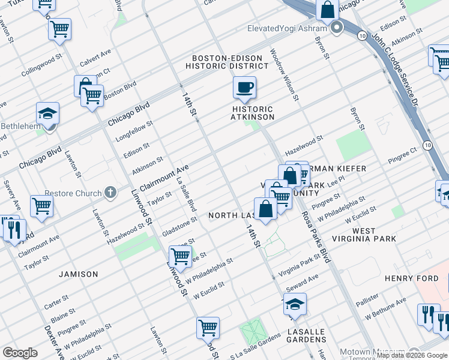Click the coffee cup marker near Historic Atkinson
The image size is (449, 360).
[x=244, y=88]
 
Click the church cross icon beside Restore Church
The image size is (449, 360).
[x=110, y=193]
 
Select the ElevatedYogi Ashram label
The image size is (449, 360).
[x=287, y=28]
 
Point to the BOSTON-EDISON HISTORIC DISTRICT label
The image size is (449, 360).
[x=227, y=62]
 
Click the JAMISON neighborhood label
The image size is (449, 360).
[x=78, y=274]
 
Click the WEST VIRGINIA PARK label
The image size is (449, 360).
[x=374, y=235]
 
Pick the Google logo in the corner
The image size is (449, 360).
[x=19, y=353]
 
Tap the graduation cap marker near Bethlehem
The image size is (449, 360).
[x=48, y=113]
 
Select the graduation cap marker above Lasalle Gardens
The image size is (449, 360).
[x=294, y=305]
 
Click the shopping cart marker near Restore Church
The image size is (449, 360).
[x=42, y=206]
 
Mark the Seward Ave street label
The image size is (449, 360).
[x=302, y=283]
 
